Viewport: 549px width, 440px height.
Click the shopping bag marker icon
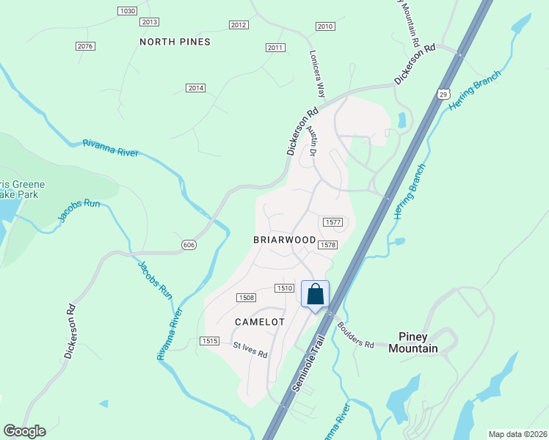pyautogui.click(x=315, y=295)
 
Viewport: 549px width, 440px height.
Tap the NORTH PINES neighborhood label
pyautogui.click(x=175, y=42)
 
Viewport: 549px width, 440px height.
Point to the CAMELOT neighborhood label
pyautogui.click(x=259, y=322)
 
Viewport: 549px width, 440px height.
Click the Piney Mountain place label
pyautogui.click(x=418, y=342)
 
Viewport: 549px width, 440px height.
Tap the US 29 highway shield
pyautogui.click(x=442, y=94)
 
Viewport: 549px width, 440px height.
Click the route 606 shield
pyautogui.click(x=189, y=243)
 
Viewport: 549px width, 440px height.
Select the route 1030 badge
pyautogui.click(x=127, y=10)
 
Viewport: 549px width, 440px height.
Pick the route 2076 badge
pyautogui.click(x=85, y=46)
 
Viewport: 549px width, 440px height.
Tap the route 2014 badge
pyautogui.click(x=194, y=88)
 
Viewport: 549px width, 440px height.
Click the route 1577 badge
pyautogui.click(x=332, y=221)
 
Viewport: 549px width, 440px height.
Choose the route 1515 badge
pyautogui.click(x=208, y=340)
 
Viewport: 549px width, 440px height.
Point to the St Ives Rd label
pyautogui.click(x=250, y=349)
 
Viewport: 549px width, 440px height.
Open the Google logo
pyautogui.click(x=23, y=431)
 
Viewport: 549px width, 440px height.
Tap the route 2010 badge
pyautogui.click(x=325, y=26)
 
